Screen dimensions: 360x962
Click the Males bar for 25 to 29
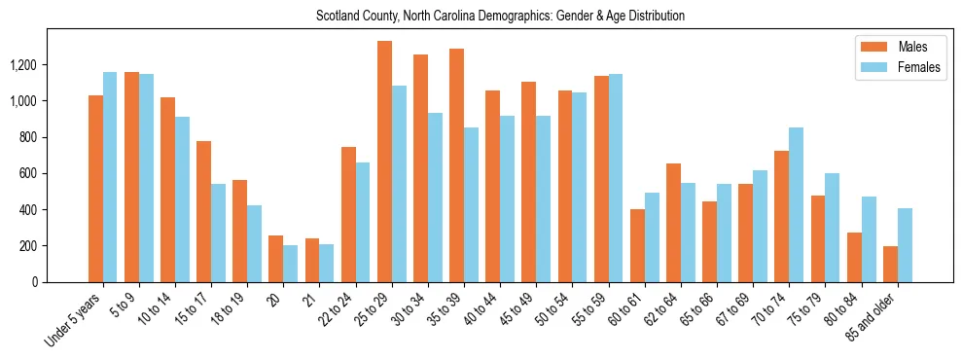384,162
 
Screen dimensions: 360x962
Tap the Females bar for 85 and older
905,245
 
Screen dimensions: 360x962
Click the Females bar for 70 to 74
797,204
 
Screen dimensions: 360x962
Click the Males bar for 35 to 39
456,165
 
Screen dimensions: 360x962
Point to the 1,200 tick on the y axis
51,65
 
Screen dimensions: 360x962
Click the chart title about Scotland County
500,17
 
